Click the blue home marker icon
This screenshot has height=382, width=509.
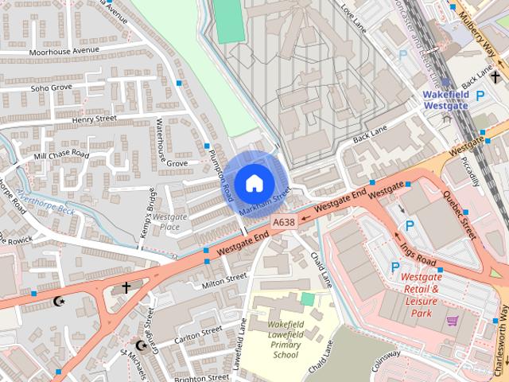point(254,182)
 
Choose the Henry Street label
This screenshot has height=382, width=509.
point(94,119)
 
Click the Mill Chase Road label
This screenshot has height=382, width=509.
point(61,154)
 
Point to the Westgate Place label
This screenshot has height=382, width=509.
point(169,221)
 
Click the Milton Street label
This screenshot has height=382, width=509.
point(225,280)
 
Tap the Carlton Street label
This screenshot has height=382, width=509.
point(200,331)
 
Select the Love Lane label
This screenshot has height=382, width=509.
point(351,14)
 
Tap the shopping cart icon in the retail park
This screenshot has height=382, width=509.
point(453,321)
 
